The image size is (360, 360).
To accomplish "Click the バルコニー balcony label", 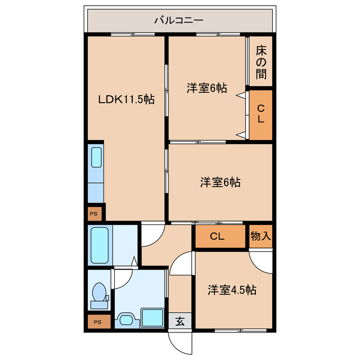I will click(179, 21).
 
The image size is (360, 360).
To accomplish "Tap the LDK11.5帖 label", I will click(127, 99).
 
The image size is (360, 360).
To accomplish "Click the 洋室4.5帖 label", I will click(232, 290).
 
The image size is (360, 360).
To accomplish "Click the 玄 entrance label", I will click(179, 322).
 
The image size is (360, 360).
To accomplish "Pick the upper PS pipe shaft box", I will click(95, 214).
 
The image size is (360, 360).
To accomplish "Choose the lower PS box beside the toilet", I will click(98, 322).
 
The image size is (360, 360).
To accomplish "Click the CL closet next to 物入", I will click(217, 236).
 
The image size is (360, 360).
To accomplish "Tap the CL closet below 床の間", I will click(260, 114).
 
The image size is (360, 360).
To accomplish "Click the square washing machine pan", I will click(152, 317).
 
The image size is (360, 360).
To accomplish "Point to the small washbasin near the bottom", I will click(125, 320).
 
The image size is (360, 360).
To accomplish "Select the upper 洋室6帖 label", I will click(207, 88).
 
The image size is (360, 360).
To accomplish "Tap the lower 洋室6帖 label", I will click(220, 182).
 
